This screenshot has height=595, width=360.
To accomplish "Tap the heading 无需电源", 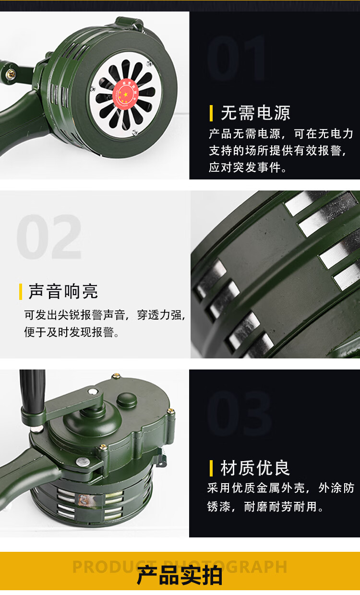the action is [255, 113].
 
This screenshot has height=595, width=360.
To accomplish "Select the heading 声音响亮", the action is [63, 291].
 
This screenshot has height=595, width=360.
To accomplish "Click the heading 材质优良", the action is [255, 468].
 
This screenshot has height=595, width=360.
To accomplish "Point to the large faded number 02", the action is [49, 237].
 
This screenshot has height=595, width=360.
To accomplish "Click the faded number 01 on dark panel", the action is [237, 59].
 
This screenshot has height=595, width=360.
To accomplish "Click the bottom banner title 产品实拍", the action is [180, 575].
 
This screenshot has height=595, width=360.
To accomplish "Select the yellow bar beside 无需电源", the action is [211, 113].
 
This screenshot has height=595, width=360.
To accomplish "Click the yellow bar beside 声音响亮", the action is [21, 292].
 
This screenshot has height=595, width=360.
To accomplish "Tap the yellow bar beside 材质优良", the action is [211, 468].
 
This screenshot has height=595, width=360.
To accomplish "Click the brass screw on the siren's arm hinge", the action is [11, 73].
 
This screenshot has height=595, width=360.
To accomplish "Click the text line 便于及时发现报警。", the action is [72, 332].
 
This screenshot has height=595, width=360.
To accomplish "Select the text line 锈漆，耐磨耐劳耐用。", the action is [265, 507].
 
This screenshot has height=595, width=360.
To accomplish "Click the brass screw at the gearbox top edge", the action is [116, 376].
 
